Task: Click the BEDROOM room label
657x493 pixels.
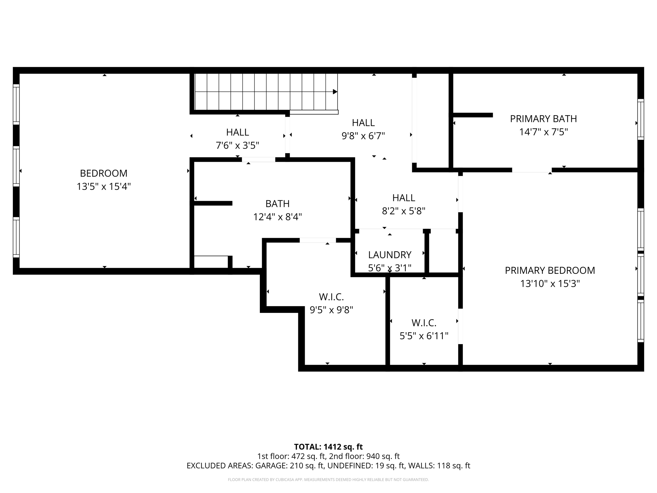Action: [104, 173]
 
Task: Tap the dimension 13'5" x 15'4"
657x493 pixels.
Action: [104, 186]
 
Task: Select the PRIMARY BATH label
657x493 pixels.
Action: [543, 119]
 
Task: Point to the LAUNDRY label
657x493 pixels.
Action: [389, 255]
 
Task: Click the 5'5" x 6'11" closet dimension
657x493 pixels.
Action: [424, 336]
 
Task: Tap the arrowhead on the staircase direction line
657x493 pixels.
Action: [335, 92]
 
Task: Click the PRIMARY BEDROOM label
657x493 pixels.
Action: [550, 271]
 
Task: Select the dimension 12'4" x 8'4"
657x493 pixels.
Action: [277, 217]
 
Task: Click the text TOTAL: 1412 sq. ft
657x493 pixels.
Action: [328, 447]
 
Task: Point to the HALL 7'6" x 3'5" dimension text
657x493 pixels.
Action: [237, 146]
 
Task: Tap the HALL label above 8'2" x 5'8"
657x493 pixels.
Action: [404, 198]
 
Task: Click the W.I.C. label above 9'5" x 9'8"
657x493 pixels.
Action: [331, 297]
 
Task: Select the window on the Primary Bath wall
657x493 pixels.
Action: [640, 119]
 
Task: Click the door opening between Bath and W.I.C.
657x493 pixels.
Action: [318, 240]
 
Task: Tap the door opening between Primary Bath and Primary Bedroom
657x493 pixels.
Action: [532, 170]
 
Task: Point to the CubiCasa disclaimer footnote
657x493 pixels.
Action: [328, 480]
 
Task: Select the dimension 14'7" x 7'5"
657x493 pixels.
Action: [543, 132]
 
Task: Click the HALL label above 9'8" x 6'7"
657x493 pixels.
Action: [363, 123]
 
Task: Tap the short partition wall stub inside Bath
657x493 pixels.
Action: [213, 203]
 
